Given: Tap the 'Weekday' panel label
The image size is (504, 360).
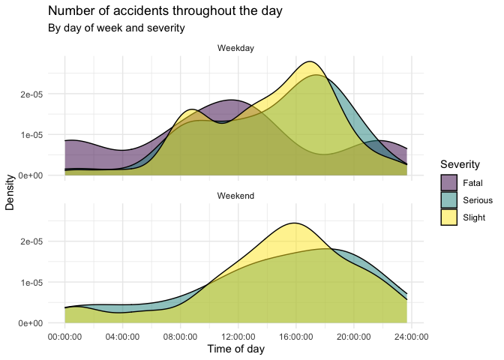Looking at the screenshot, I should (x=236, y=49).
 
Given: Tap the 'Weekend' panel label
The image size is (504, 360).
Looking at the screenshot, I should (x=236, y=196).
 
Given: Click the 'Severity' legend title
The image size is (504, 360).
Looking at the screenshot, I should (x=460, y=164).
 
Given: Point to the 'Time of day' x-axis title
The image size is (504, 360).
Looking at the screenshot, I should (x=235, y=349).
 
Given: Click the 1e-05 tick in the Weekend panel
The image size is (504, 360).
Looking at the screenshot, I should (x=31, y=283).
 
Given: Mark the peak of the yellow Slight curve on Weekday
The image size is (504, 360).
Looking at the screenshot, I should (x=309, y=61).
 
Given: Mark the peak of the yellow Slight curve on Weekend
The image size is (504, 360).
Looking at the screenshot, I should (x=295, y=223).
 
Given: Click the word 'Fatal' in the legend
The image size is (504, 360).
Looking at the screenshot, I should (x=472, y=182).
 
